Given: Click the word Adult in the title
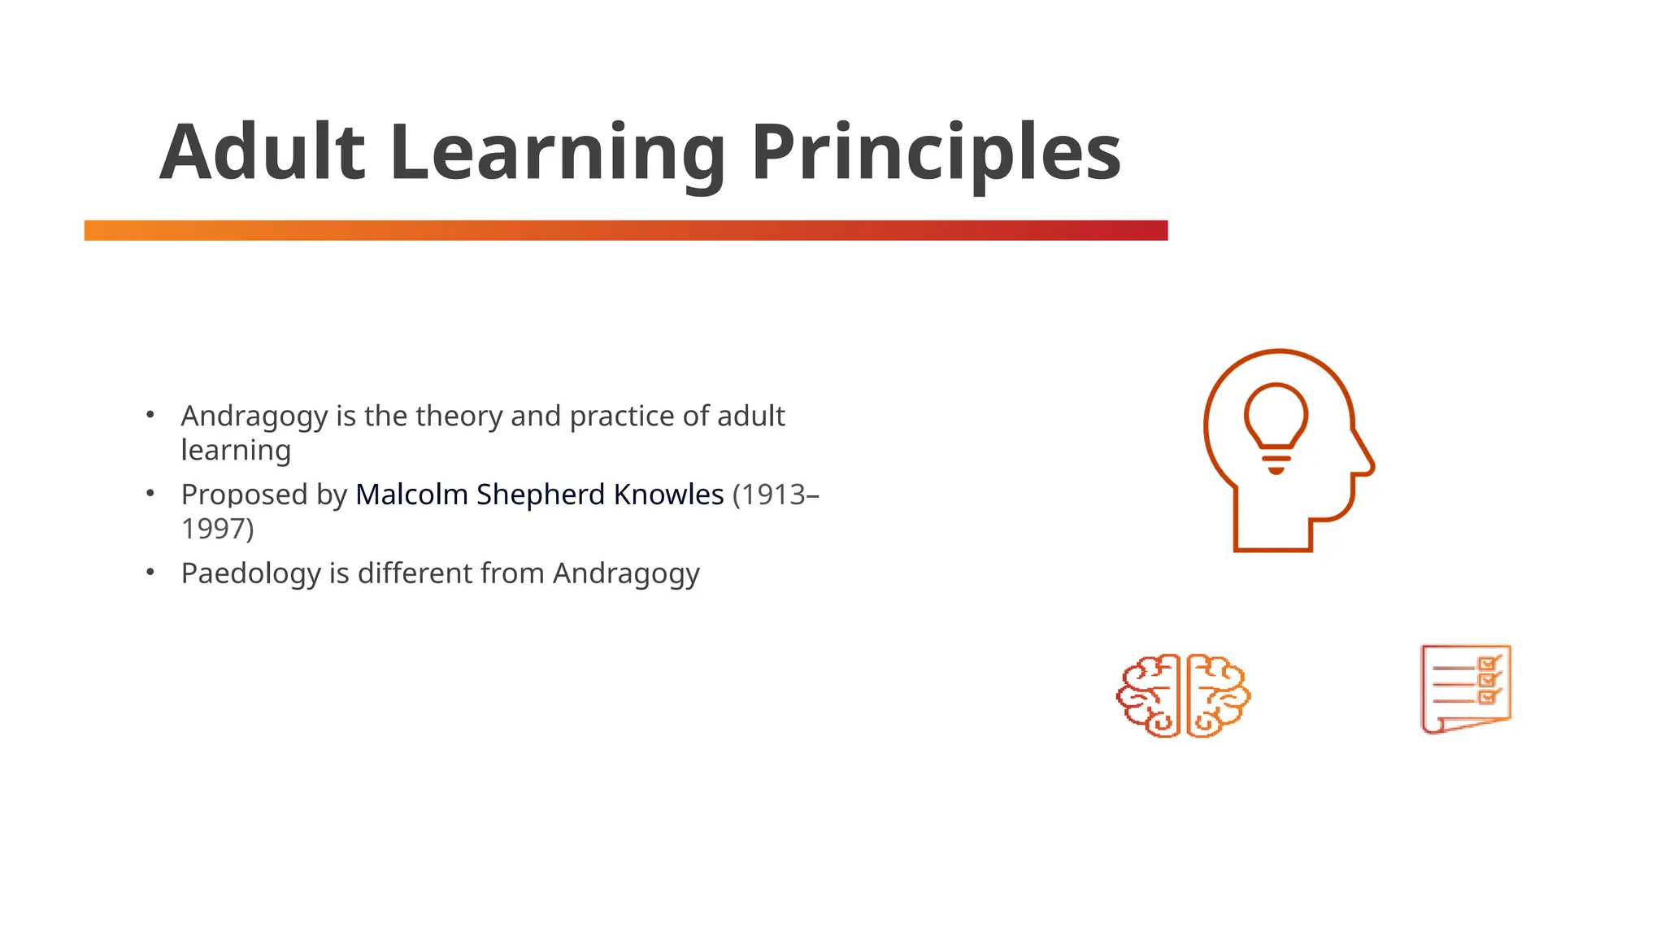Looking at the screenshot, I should pyautogui.click(x=262, y=152).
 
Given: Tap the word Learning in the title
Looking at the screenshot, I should pyautogui.click(x=557, y=152).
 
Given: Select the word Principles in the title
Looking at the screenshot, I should pyautogui.click(x=935, y=152).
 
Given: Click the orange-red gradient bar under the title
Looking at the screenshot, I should pyautogui.click(x=626, y=230).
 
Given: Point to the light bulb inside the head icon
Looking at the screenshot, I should pyautogui.click(x=1276, y=419).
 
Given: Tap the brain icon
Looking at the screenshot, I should pyautogui.click(x=1183, y=695).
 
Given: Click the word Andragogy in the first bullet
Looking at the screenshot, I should pyautogui.click(x=254, y=416).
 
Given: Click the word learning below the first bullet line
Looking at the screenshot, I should pyautogui.click(x=236, y=451).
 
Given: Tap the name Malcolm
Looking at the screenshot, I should pyautogui.click(x=411, y=495).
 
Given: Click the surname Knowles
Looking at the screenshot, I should pyautogui.click(x=668, y=495).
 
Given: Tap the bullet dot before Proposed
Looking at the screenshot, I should pyautogui.click(x=150, y=493).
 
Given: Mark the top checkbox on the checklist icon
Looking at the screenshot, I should pyautogui.click(x=1487, y=664).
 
